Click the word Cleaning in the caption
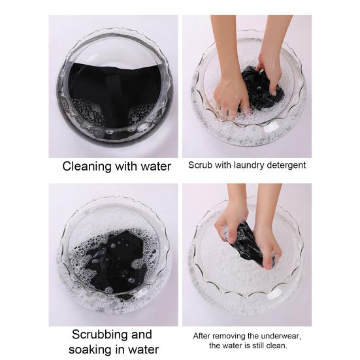click(87, 167)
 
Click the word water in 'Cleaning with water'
click(156, 167)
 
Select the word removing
click(227, 336)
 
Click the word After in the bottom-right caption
click(201, 336)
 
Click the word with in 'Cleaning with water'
click(126, 166)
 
